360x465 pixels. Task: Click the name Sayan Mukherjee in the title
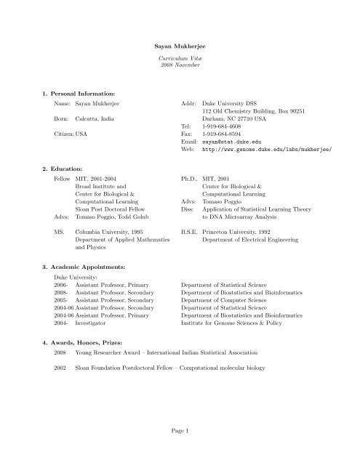click(x=180, y=45)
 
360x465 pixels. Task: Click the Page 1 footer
click(x=180, y=432)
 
